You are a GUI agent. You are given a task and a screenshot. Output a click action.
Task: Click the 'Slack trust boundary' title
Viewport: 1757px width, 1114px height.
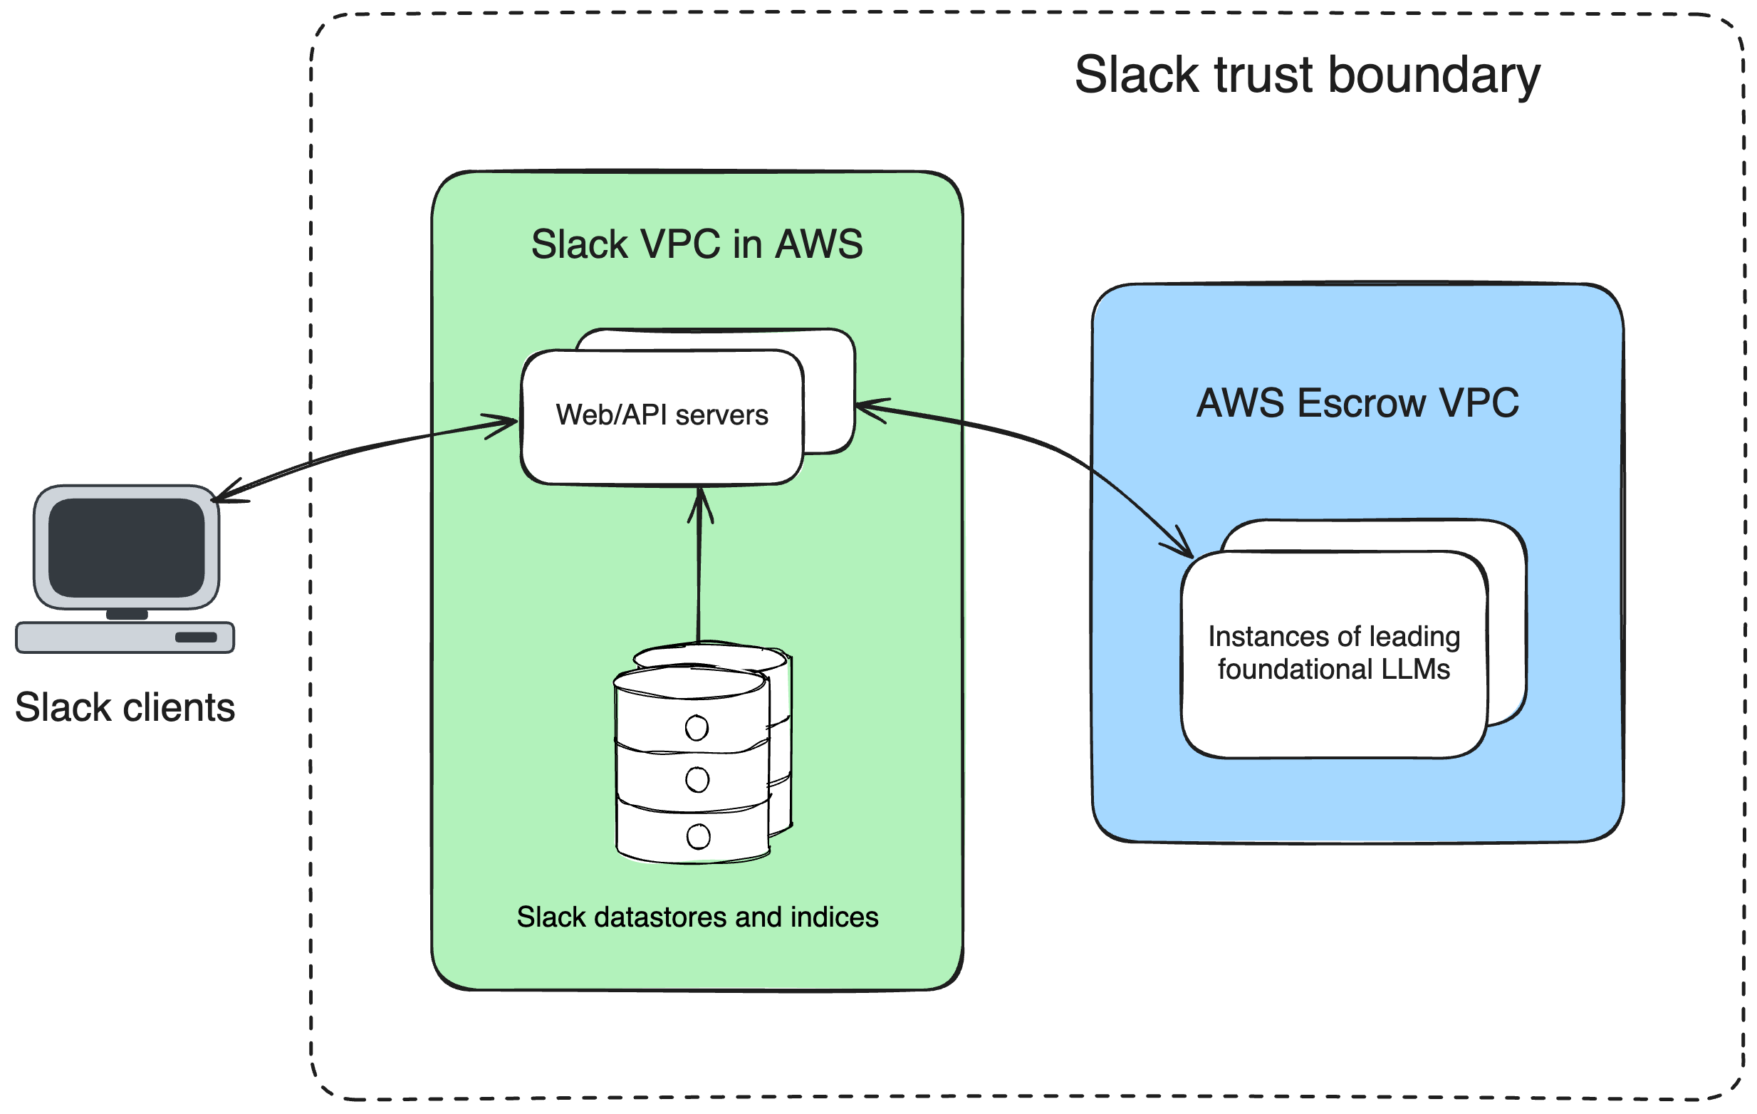(x=1307, y=75)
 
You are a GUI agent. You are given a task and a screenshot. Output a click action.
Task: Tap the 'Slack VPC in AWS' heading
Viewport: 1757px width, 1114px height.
(x=697, y=244)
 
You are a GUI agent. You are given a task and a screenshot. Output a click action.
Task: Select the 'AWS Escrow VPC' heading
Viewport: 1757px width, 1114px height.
(x=1357, y=402)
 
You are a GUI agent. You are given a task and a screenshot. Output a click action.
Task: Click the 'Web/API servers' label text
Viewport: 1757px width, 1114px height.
(x=662, y=415)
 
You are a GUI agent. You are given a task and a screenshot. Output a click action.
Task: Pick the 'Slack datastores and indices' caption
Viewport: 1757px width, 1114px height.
(x=697, y=917)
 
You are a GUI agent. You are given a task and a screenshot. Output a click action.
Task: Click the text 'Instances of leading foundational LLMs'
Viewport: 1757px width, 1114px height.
(x=1334, y=653)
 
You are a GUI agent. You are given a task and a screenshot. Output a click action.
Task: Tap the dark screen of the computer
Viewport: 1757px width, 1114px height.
(x=126, y=547)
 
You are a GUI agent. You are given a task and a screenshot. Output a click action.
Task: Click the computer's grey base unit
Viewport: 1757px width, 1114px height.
(x=125, y=637)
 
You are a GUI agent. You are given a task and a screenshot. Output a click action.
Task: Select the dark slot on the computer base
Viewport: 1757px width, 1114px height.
(x=196, y=637)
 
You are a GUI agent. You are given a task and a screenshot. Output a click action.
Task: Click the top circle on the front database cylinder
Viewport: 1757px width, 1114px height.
(x=697, y=727)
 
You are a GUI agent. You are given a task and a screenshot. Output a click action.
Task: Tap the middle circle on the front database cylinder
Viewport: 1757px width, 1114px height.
(x=697, y=780)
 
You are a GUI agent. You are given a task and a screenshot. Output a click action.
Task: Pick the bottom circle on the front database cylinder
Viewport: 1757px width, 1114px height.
(x=698, y=836)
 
